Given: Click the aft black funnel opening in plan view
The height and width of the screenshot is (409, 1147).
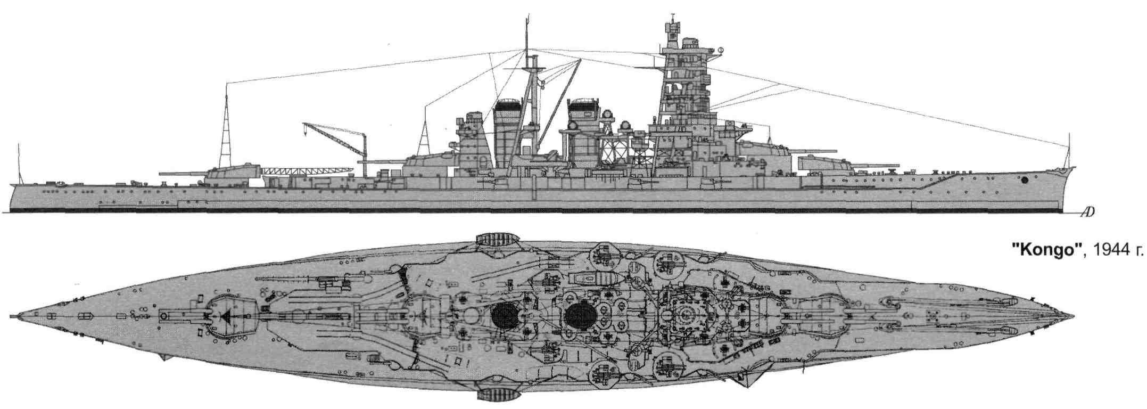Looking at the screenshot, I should pos(504,317).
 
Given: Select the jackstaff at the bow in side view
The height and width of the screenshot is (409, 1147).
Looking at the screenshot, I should pos(1068,154).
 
